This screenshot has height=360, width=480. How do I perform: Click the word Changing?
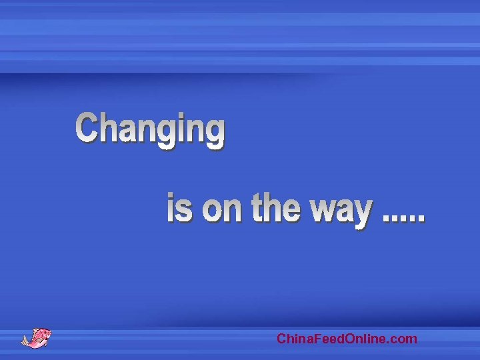pyautogui.click(x=150, y=129)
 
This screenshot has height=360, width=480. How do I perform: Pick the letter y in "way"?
pyautogui.click(x=361, y=214)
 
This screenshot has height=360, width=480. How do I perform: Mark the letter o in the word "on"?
pyautogui.click(x=213, y=211)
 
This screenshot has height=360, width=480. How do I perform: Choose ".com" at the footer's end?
pyautogui.click(x=403, y=339)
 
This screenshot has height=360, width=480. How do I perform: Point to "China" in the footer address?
pyautogui.click(x=292, y=339)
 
